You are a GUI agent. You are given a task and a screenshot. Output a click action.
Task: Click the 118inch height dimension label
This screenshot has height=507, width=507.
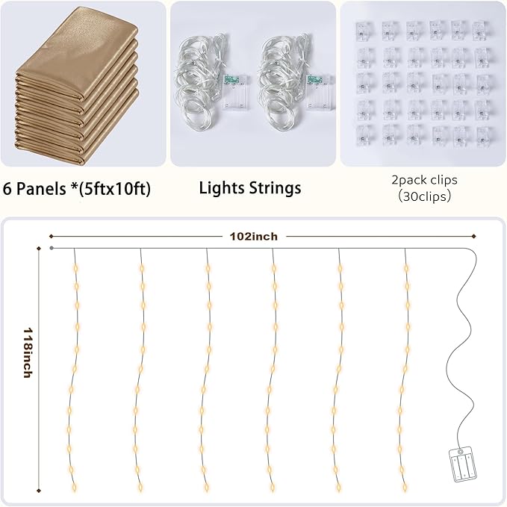pos(28,352)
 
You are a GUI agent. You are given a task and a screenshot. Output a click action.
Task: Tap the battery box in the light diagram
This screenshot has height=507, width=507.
pos(463,464)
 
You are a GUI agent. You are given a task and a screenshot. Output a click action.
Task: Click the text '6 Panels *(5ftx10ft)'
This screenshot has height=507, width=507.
pos(77,188)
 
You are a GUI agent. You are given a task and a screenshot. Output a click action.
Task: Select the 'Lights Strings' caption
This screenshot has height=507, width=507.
pos(250,188)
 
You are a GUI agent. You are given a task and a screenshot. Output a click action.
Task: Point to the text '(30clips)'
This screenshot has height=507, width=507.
pos(424,196)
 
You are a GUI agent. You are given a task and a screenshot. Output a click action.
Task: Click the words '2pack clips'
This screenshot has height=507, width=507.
pos(424,180)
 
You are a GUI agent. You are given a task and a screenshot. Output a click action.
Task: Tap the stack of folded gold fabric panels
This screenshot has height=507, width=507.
pos(77,85)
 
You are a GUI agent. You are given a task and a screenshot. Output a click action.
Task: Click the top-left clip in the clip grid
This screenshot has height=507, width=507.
pos(364,31)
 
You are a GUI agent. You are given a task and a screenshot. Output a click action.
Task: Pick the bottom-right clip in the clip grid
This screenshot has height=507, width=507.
pos(484,136)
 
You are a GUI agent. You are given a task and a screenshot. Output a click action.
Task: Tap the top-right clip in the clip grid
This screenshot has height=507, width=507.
pos(481,31)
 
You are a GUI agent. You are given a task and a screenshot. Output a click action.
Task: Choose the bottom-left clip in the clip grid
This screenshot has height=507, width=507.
pos(366,136)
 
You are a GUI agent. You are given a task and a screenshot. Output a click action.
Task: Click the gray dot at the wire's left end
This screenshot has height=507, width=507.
pos(52,248)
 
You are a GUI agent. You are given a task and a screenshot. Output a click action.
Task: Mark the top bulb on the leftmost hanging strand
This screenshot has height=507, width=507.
pos(76,268)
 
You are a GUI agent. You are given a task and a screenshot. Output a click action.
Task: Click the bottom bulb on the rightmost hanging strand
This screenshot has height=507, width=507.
pos(405,487)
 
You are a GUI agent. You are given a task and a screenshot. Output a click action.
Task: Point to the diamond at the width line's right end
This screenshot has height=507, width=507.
pos(473,237)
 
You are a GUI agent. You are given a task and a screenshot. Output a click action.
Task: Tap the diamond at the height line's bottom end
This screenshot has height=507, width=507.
pos(39,491)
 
